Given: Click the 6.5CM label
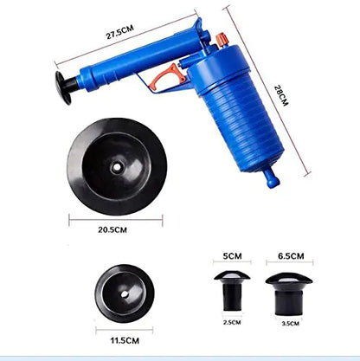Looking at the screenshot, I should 291,256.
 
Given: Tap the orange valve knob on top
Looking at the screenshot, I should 222,41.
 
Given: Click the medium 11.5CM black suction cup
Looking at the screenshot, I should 124,293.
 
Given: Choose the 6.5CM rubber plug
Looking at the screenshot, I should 289,289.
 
